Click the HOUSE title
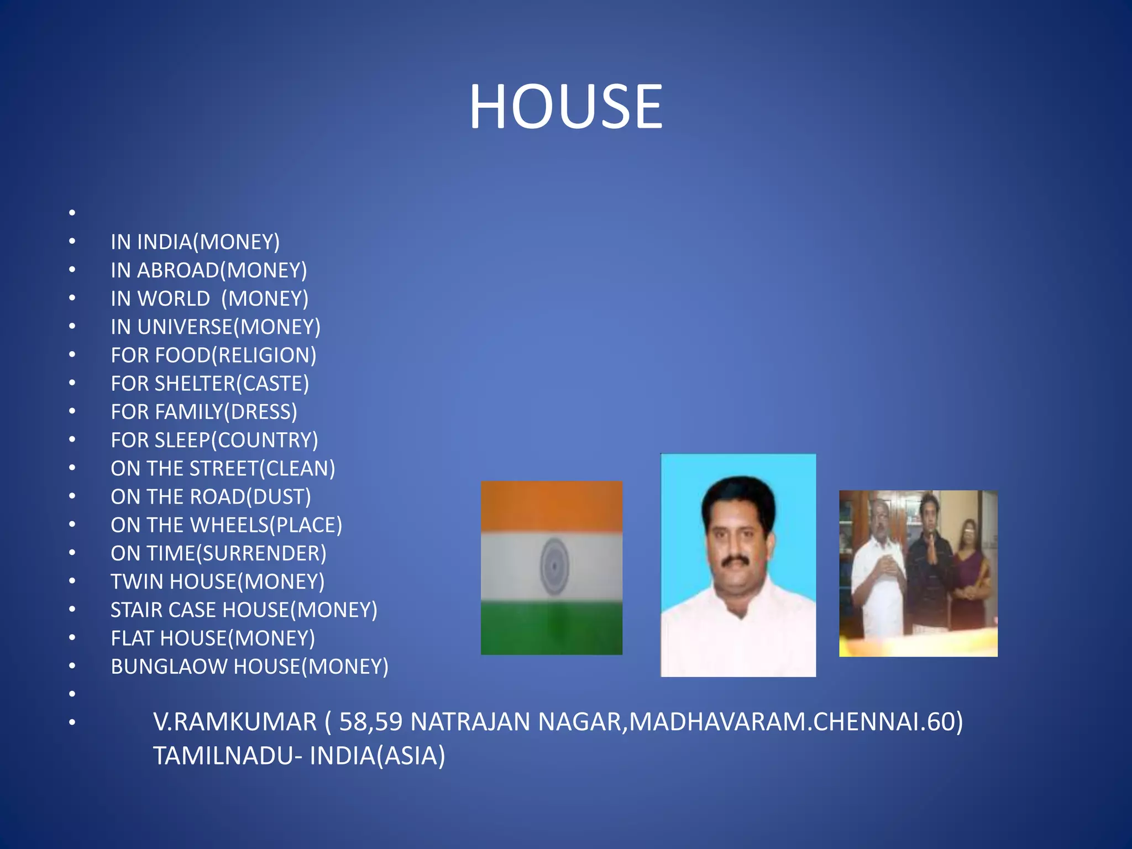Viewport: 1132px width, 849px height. [x=565, y=106]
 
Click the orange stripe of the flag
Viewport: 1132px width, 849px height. [x=551, y=506]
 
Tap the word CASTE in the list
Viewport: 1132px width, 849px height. [x=273, y=384]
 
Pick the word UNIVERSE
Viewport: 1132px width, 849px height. [x=185, y=327]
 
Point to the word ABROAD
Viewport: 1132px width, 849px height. [x=178, y=270]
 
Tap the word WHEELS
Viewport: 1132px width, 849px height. [x=229, y=525]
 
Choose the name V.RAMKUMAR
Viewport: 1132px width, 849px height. [x=235, y=722]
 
